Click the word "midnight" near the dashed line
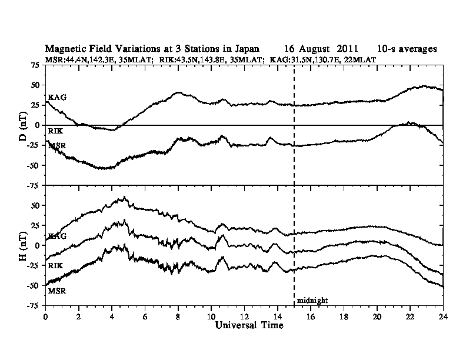[312, 300]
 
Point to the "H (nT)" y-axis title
[22, 245]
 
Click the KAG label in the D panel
[57, 97]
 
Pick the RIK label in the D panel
[56, 129]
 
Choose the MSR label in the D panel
[57, 145]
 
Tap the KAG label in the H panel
[57, 236]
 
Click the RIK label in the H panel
[56, 266]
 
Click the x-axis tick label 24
[443, 315]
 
